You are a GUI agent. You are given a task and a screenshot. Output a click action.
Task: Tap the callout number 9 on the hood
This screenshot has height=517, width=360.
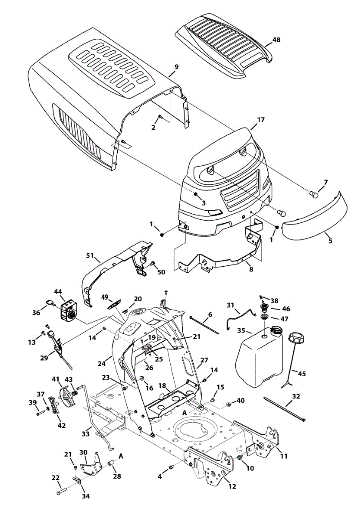tap(176, 67)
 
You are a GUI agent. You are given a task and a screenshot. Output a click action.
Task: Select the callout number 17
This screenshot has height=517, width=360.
tap(260, 120)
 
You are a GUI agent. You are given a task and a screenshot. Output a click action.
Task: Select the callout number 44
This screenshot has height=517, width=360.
tap(58, 292)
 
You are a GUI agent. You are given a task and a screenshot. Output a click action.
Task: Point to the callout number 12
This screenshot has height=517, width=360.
tap(232, 487)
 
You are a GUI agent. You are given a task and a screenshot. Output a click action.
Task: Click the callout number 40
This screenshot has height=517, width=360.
tap(241, 400)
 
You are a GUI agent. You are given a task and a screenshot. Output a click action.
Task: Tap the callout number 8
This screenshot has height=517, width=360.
tap(251, 269)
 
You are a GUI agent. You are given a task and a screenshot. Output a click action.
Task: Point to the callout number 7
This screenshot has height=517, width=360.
tap(326, 182)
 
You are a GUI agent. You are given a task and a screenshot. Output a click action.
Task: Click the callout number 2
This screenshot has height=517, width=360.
tap(153, 127)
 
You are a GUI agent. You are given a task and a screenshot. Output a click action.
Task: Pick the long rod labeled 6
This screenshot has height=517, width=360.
tap(204, 324)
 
